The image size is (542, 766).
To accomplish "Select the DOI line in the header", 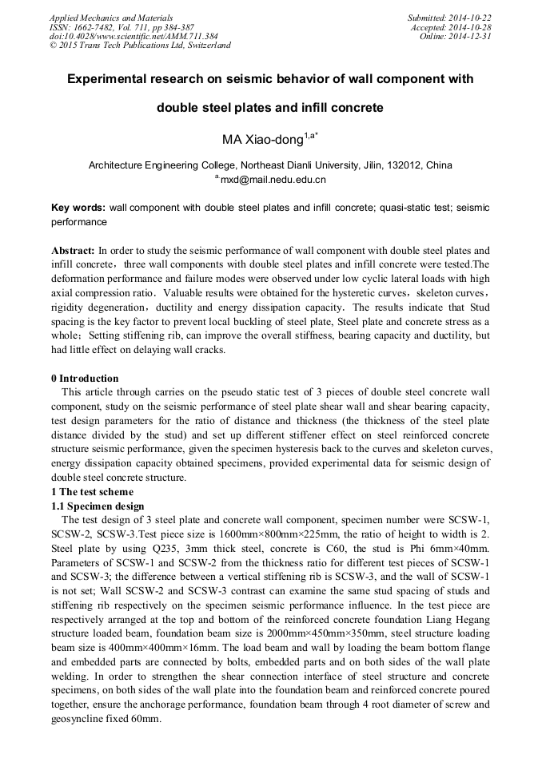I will [x=134, y=36].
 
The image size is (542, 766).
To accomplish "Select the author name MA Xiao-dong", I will [x=261, y=140].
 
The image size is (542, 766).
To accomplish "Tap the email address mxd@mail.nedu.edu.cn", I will [x=273, y=180].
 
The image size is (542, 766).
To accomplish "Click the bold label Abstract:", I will [x=74, y=250].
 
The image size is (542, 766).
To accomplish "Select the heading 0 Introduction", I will [x=85, y=379].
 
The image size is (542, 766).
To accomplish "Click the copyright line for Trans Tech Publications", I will [x=140, y=45].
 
